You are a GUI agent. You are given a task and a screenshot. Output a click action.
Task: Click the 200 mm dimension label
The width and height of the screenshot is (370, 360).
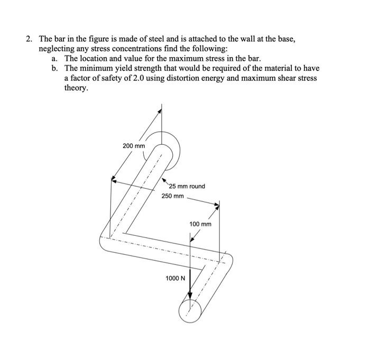pyautogui.click(x=133, y=145)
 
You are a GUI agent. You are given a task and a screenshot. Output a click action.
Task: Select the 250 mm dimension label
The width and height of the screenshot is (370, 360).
pyautogui.click(x=172, y=196)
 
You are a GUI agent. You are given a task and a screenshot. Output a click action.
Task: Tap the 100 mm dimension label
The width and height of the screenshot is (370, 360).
pyautogui.click(x=200, y=224)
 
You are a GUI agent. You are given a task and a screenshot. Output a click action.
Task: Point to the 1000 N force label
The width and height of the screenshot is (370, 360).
pyautogui.click(x=175, y=277)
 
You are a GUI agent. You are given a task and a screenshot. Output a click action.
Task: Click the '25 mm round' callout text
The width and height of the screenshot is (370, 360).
pyautogui.click(x=187, y=186)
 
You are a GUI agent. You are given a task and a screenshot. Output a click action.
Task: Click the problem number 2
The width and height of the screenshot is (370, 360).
pyautogui.click(x=30, y=39)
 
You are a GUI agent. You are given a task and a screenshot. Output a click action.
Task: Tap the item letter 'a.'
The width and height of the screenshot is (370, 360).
pyautogui.click(x=55, y=58)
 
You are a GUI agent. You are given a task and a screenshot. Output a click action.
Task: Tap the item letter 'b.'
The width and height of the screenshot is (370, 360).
pyautogui.click(x=55, y=68)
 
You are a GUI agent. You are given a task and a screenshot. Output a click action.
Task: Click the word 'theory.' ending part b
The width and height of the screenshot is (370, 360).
pyautogui.click(x=76, y=88)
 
